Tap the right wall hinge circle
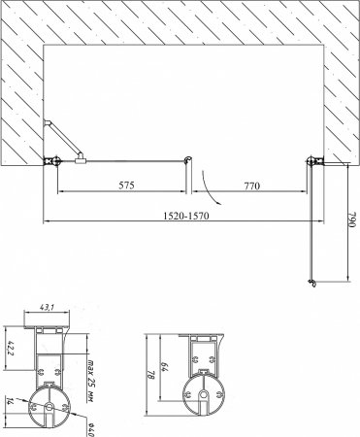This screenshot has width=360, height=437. tap(311, 162)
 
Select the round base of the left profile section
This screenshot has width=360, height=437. tap(49, 409)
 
